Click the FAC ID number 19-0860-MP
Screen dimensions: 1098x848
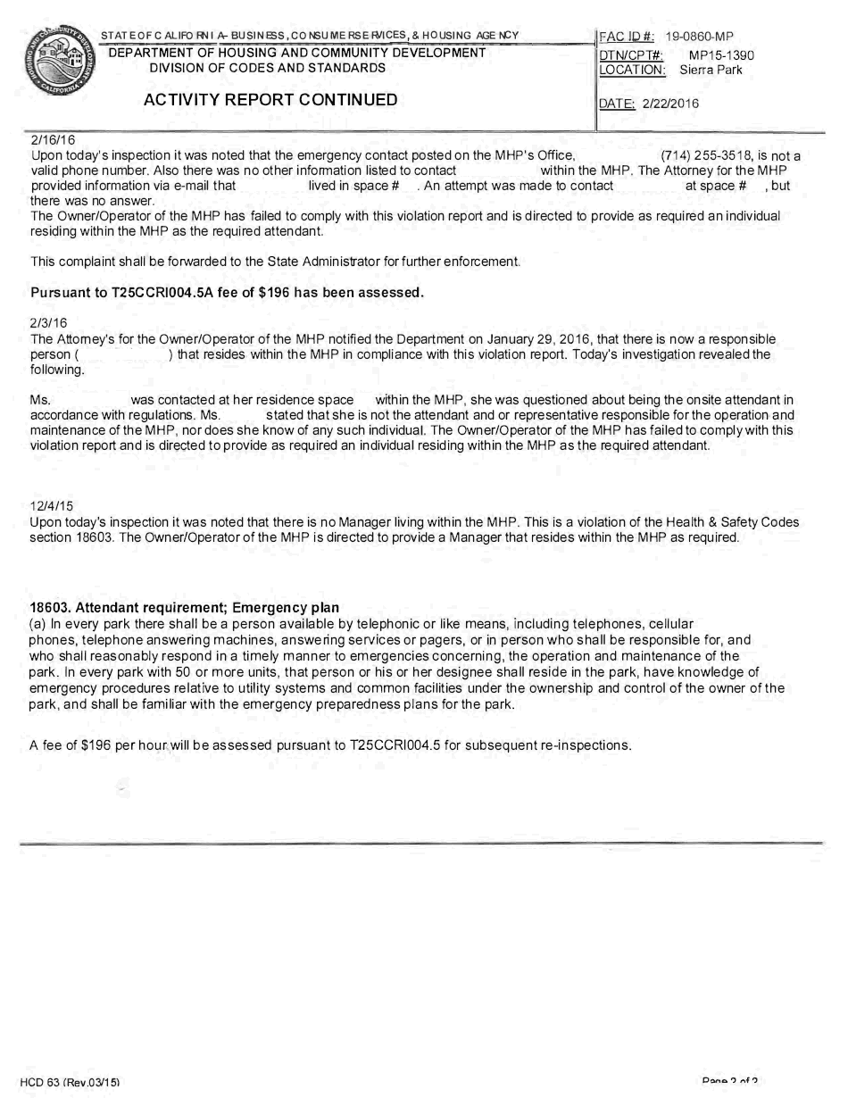pyautogui.click(x=699, y=37)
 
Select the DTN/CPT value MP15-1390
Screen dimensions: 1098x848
pyautogui.click(x=721, y=55)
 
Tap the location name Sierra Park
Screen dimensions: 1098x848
pyautogui.click(x=711, y=70)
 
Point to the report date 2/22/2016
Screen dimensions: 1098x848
pyautogui.click(x=670, y=104)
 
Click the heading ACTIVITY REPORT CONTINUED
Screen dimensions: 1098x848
pyautogui.click(x=270, y=100)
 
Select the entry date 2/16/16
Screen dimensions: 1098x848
pyautogui.click(x=53, y=140)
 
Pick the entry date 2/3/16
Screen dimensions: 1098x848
pyautogui.click(x=49, y=322)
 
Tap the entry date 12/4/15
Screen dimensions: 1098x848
pyautogui.click(x=52, y=506)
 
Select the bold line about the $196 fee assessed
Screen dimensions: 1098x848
pyautogui.click(x=227, y=293)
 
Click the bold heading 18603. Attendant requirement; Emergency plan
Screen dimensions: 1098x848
pyautogui.click(x=185, y=608)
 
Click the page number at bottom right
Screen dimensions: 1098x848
pyautogui.click(x=729, y=1082)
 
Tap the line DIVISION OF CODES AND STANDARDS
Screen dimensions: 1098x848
pyautogui.click(x=268, y=68)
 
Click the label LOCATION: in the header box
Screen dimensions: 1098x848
pyautogui.click(x=633, y=70)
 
